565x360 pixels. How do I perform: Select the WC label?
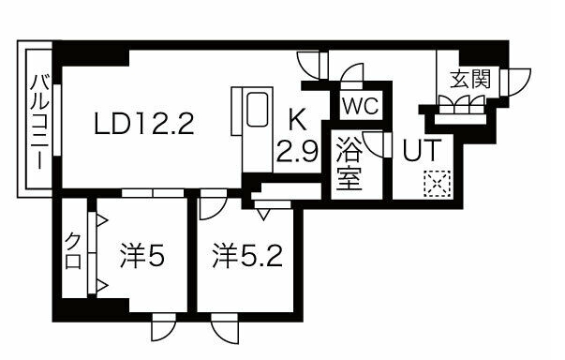[x=359, y=106]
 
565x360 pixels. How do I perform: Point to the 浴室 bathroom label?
[x=350, y=165]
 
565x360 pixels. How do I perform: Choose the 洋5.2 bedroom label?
[x=245, y=254]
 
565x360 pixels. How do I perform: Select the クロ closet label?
[x=72, y=251]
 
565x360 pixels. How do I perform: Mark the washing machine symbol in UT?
[x=435, y=182]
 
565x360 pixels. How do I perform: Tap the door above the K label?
[x=310, y=63]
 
